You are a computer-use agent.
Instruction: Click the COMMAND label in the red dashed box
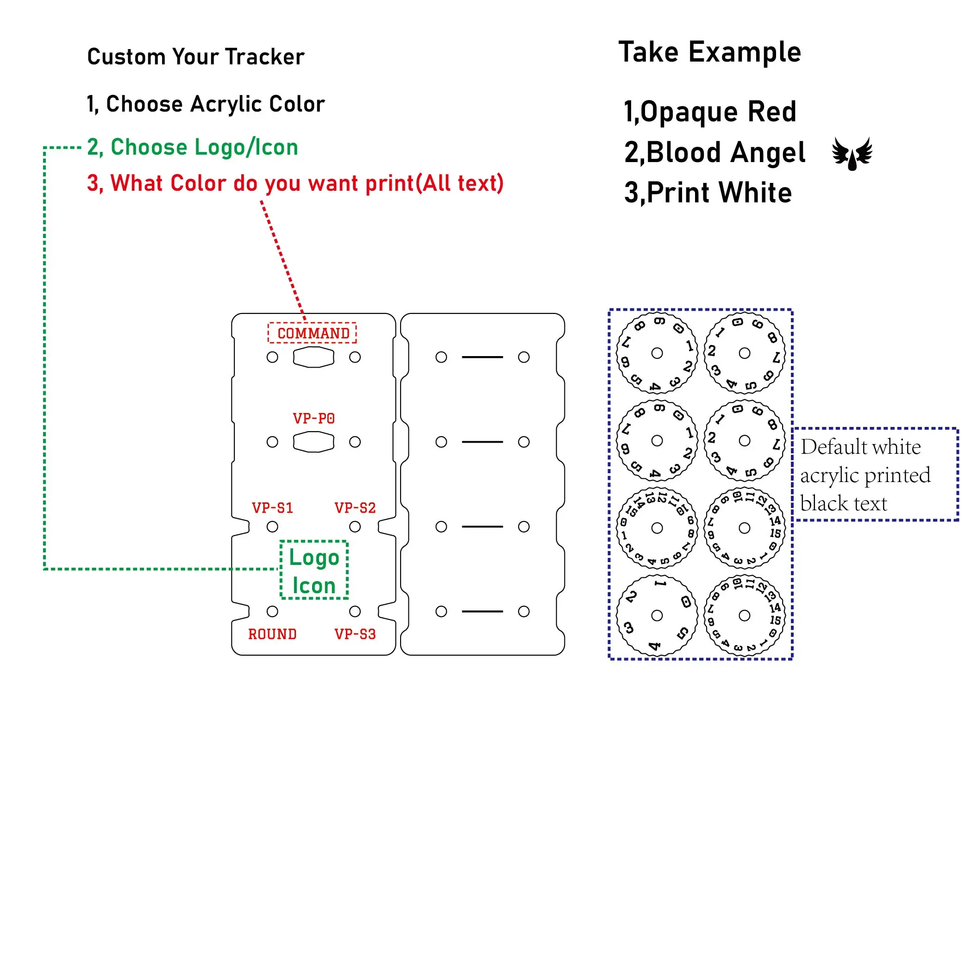click(x=313, y=333)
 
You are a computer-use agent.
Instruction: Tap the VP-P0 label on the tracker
click(x=313, y=418)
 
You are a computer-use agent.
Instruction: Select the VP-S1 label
click(x=272, y=508)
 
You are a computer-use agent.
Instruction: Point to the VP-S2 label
click(x=355, y=508)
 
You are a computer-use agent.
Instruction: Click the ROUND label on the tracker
click(x=272, y=634)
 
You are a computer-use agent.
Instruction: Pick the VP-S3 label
click(x=355, y=634)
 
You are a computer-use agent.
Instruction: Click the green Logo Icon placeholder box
click(x=313, y=570)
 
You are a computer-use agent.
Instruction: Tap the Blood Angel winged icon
click(x=852, y=153)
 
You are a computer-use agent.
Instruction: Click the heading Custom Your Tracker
click(x=195, y=57)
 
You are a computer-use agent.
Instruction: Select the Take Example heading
click(x=709, y=52)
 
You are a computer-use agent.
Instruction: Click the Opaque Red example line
click(x=709, y=112)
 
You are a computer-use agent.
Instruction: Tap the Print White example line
click(x=708, y=193)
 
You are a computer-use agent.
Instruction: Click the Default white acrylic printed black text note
click(x=865, y=475)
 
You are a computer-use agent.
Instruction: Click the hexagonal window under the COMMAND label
click(x=313, y=357)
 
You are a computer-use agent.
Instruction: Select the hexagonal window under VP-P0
click(x=313, y=442)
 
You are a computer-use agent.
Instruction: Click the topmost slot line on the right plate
click(x=482, y=357)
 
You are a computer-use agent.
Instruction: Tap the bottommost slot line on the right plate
click(x=482, y=611)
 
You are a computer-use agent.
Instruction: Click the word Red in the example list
click(x=772, y=112)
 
